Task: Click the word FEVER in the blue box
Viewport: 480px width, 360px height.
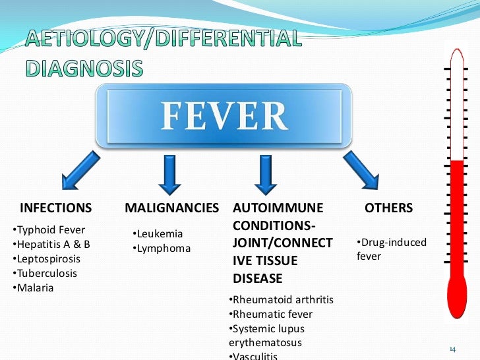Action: (225, 117)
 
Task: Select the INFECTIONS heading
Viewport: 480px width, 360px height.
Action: (56, 208)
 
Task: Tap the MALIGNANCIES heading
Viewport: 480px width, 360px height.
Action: (171, 208)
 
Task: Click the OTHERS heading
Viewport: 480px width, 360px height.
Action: (388, 208)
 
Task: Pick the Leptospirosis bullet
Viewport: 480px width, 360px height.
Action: (44, 259)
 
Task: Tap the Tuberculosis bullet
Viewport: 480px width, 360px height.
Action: (44, 274)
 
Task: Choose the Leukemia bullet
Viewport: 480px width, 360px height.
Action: (158, 234)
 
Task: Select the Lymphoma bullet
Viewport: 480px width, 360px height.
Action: (162, 249)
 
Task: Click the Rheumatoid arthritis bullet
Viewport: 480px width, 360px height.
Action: (282, 300)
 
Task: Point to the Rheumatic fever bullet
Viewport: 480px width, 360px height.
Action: (271, 315)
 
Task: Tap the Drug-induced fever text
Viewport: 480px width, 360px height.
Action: (392, 249)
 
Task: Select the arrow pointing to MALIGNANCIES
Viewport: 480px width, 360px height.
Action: (169, 171)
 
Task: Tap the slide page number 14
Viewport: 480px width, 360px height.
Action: (452, 348)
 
